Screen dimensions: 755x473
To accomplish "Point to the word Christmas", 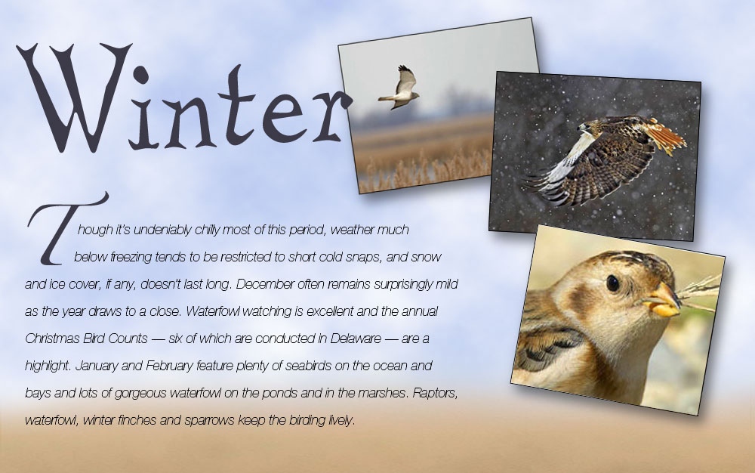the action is click(x=53, y=339).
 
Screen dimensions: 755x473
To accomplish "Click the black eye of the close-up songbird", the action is click(x=613, y=283).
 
